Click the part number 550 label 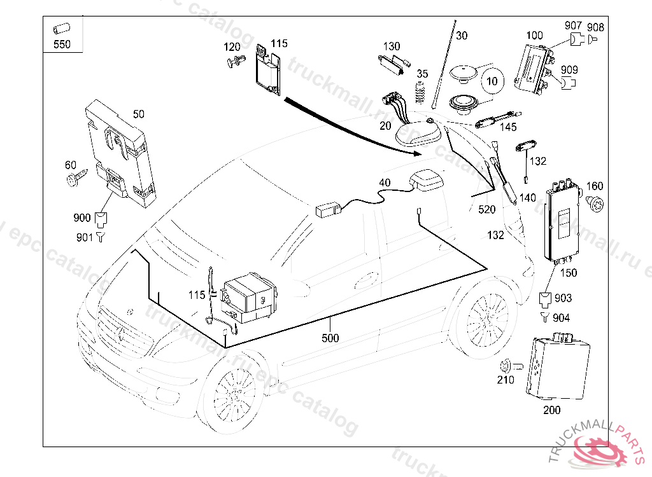[x=62, y=45]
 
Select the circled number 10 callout [x=491, y=81]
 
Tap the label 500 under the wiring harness [x=330, y=338]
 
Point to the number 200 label [x=551, y=410]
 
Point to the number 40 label [x=385, y=183]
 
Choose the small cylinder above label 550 [x=61, y=29]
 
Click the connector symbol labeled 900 [x=101, y=220]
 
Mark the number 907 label [x=574, y=26]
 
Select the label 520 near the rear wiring [x=486, y=209]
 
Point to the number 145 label [x=508, y=127]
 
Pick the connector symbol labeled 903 [x=546, y=298]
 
